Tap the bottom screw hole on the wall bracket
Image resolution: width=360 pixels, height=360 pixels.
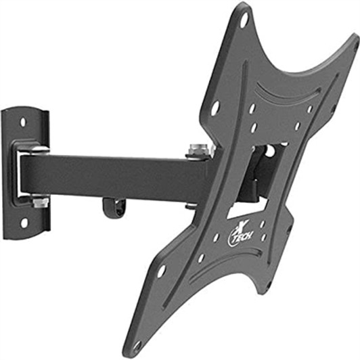pyautogui.click(x=24, y=221)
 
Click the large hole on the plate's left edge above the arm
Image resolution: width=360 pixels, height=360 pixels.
pyautogui.click(x=216, y=106)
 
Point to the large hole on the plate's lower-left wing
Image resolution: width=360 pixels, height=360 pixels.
pyautogui.click(x=161, y=271)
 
